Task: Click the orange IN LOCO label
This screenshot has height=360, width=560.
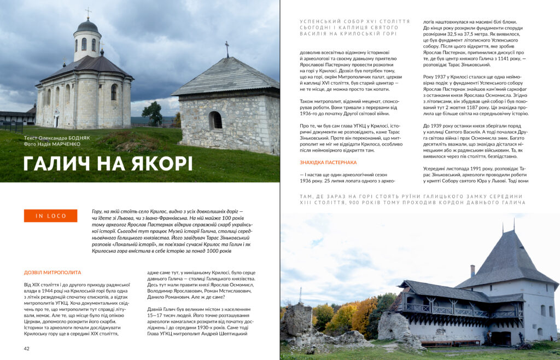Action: [x=50, y=216]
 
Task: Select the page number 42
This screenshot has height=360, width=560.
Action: [x=26, y=349]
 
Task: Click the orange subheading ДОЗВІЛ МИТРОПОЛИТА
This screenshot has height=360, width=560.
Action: [x=52, y=272]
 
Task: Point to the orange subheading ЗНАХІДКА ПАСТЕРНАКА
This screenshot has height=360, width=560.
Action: [x=328, y=162]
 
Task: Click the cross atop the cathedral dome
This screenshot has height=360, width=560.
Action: [x=88, y=12]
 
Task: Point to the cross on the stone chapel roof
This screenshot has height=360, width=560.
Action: [x=227, y=48]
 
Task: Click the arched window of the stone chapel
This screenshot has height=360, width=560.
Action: [x=215, y=120]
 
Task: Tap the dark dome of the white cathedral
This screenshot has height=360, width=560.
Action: [x=87, y=26]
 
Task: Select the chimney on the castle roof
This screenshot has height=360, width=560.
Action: [x=472, y=270]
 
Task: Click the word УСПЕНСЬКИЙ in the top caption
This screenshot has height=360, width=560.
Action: [x=318, y=21]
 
